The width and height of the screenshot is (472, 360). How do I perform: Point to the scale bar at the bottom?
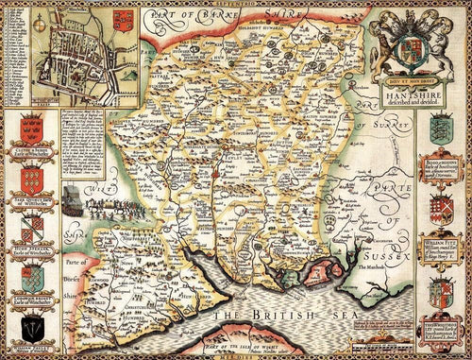(352, 337)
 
